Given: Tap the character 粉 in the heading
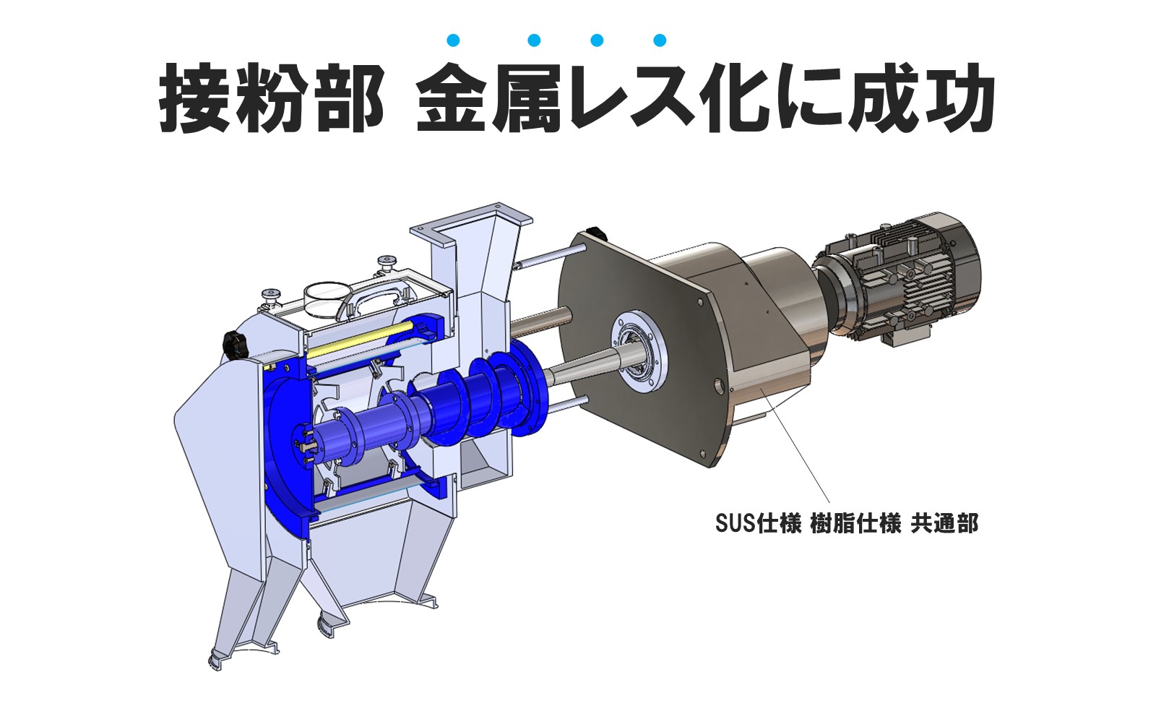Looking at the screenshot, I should [271, 98].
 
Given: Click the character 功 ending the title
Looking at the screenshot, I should [958, 98].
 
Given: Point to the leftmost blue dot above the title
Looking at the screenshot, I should [454, 40].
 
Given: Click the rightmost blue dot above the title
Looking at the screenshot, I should [659, 40].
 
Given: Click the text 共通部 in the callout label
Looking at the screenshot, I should [944, 522].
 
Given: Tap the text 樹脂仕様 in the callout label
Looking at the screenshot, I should [855, 522].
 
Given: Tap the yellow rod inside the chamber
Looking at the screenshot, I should [361, 339].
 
